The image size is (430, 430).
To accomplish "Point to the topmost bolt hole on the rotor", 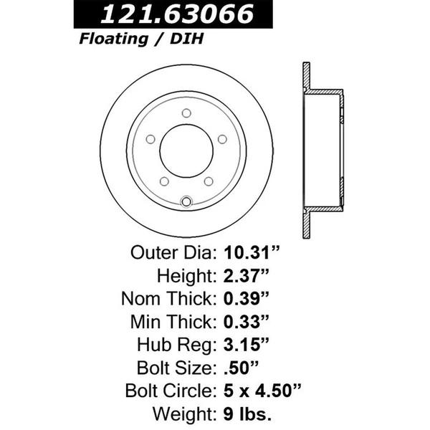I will point(186,113).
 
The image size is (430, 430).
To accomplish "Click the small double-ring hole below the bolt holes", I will point(186,201).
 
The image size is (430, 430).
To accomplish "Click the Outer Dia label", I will point(172,253).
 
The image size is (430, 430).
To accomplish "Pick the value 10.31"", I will point(249,253).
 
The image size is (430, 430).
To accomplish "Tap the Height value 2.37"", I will point(245,276).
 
